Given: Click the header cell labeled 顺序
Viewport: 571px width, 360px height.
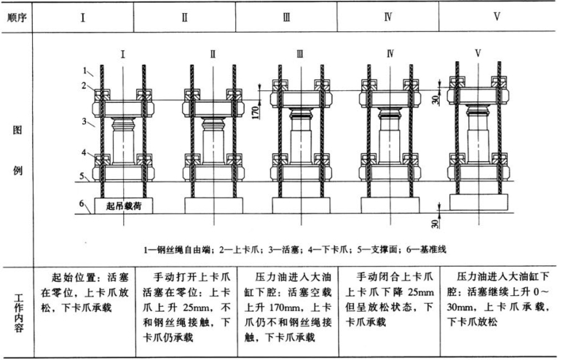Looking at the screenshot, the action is (16, 15).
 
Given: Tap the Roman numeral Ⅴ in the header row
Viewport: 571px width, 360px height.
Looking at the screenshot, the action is (497, 15).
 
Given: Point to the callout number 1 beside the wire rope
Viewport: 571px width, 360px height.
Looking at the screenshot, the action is (85, 71).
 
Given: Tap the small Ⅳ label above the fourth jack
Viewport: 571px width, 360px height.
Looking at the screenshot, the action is (390, 53).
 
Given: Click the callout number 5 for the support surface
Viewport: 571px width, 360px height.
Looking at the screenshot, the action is (84, 176).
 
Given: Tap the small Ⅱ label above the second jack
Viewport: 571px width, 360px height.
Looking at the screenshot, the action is (213, 53).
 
